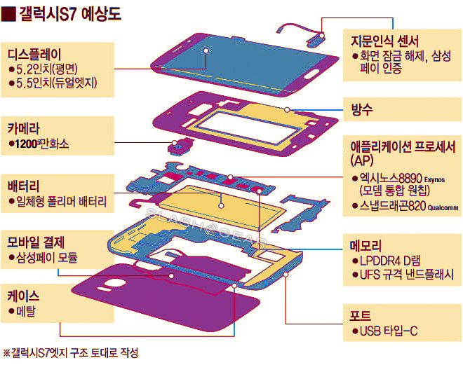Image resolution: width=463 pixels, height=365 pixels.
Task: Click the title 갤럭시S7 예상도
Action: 70,14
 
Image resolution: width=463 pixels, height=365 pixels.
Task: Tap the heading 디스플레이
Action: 34,55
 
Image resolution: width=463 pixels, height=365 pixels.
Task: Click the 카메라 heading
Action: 24,128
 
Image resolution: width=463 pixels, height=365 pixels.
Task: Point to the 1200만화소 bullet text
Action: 41,144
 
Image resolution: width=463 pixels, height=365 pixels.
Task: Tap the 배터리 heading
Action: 24,186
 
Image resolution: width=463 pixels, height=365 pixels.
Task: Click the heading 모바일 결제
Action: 36,242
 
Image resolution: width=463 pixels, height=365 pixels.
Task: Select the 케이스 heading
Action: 24,296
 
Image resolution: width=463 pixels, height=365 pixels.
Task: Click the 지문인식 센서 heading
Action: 384,41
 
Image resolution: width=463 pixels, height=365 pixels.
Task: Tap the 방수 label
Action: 362,109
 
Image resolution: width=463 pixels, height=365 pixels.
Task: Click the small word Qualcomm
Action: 443,208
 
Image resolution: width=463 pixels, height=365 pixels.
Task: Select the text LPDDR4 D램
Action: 390,261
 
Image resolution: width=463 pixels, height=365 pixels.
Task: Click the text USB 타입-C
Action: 389,331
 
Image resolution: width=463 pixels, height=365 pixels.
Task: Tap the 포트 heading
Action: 361,316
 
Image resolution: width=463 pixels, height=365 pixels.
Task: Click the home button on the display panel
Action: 312,73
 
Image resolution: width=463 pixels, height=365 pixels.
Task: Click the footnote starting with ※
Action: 70,352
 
